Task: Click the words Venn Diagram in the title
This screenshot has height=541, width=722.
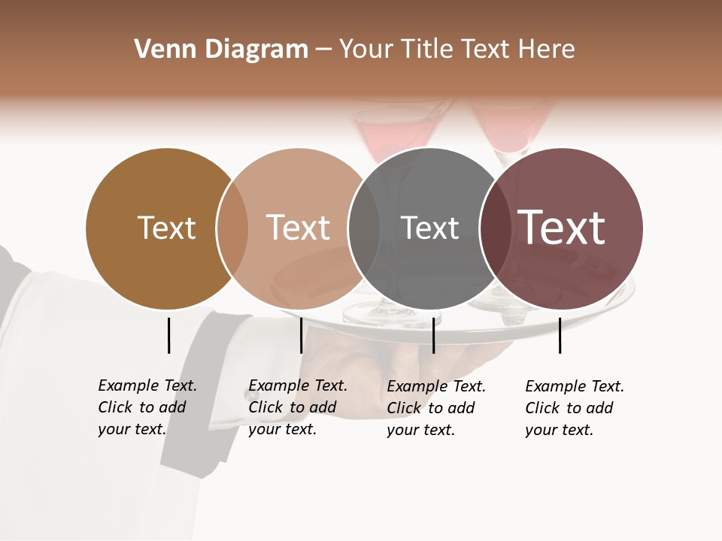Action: point(221,50)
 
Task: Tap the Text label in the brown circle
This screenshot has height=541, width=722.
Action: point(166,228)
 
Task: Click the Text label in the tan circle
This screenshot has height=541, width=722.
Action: point(298,228)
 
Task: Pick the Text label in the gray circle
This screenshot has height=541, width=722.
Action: point(429,228)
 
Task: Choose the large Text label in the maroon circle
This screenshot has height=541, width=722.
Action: point(561,227)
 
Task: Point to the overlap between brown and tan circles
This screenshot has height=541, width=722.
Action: point(232,228)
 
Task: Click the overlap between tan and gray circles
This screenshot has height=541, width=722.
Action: point(364,228)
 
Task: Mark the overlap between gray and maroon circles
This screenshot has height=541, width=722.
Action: point(493,228)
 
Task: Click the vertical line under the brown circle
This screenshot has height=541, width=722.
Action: point(168,335)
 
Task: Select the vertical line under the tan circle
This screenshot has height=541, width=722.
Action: point(301,335)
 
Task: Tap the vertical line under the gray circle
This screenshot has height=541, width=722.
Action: point(433,335)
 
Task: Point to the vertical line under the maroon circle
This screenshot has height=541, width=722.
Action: point(560,335)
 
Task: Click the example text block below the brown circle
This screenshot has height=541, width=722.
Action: point(147,407)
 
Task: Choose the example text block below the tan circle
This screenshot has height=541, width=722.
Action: point(298,407)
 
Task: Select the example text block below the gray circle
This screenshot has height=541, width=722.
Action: point(436,408)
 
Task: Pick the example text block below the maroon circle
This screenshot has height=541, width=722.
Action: point(575,408)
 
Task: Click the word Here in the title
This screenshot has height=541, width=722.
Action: point(548,50)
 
